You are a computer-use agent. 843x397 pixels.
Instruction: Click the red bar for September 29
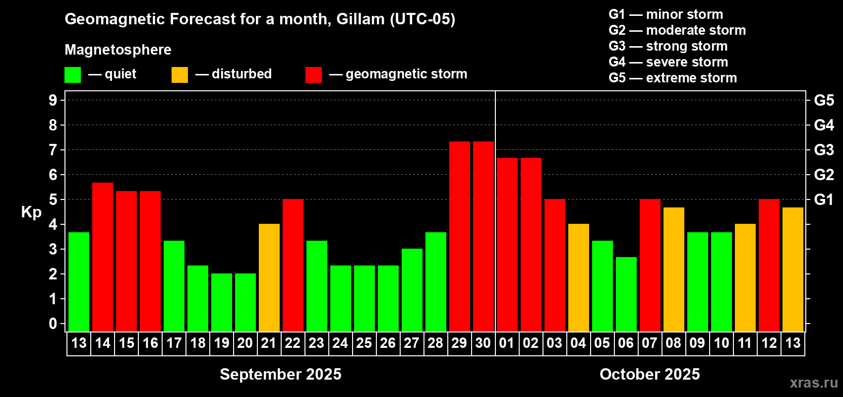[460, 236]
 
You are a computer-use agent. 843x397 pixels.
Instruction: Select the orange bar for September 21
[269, 277]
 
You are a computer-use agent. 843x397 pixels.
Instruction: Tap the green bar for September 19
[222, 302]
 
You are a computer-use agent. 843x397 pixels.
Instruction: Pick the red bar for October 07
[650, 265]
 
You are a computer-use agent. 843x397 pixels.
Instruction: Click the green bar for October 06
[626, 294]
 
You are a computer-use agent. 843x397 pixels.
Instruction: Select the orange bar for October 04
[578, 277]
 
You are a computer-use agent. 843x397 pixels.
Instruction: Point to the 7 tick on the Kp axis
[53, 150]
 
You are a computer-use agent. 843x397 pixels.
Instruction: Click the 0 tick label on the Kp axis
[53, 324]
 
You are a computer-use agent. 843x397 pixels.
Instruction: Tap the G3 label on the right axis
[824, 150]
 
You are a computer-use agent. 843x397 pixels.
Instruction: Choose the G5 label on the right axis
[824, 100]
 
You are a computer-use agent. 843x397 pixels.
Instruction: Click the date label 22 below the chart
[293, 343]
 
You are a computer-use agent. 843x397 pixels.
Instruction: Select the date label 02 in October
[531, 343]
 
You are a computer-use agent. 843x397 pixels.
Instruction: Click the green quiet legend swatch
[72, 74]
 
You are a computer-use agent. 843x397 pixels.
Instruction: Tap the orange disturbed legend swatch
[180, 74]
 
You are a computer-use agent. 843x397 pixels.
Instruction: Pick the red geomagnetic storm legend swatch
[314, 74]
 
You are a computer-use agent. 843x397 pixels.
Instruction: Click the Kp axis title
[31, 212]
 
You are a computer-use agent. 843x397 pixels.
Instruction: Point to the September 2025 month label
[281, 374]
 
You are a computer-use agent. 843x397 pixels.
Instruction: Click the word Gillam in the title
[361, 19]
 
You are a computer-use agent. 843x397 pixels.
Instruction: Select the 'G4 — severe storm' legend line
[668, 62]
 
